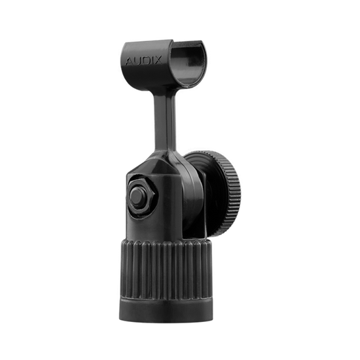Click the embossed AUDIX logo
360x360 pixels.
coord(143,61)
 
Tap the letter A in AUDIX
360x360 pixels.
coord(129,62)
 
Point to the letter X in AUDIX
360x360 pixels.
coord(158,60)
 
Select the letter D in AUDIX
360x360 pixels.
coord(145,61)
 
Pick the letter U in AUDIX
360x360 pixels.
coord(137,62)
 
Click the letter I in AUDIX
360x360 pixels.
coord(151,60)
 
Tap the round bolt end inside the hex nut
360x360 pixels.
coord(137,196)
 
